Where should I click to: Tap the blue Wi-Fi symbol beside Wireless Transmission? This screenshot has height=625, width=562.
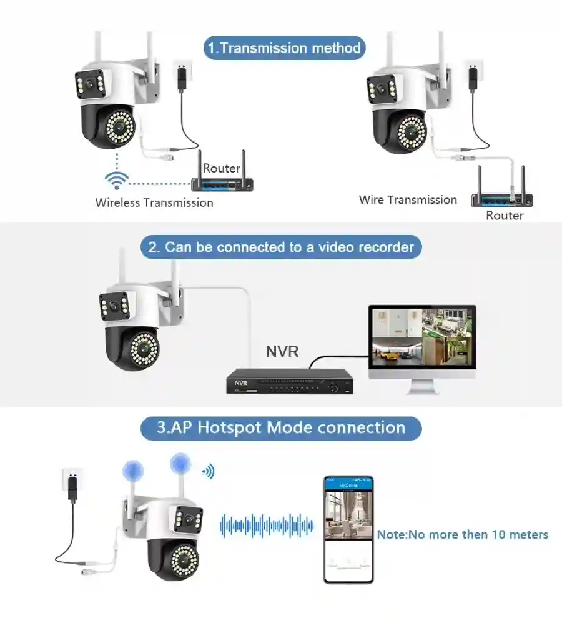(x=117, y=180)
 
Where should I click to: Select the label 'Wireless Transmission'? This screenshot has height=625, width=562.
(x=154, y=202)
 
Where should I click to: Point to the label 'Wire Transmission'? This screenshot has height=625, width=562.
(x=408, y=200)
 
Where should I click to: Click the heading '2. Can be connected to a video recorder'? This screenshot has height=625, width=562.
(x=281, y=247)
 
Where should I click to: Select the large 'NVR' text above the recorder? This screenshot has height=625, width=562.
(x=282, y=352)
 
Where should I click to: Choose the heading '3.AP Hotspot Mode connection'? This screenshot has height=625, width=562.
(x=280, y=428)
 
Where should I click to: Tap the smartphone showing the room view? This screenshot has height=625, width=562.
(x=348, y=529)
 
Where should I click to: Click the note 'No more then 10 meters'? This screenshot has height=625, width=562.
(x=462, y=535)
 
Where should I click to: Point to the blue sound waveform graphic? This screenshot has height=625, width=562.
(x=267, y=526)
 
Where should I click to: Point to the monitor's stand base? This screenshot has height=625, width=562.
(x=422, y=389)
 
